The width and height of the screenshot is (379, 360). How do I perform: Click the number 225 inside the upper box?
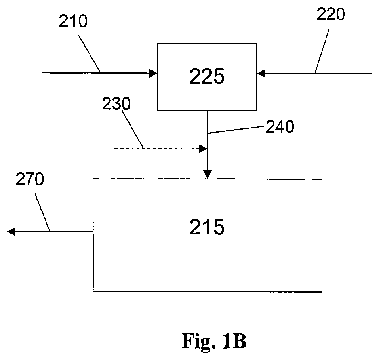click(x=207, y=76)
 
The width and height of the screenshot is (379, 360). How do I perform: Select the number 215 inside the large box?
click(x=207, y=227)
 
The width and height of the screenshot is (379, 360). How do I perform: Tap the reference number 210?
click(x=73, y=21)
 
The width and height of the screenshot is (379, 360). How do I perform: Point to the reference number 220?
click(x=330, y=14)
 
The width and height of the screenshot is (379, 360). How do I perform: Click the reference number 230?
click(x=116, y=103)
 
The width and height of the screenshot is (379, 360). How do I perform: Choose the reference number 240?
click(x=280, y=126)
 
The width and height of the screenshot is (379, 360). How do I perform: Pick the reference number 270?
click(x=30, y=179)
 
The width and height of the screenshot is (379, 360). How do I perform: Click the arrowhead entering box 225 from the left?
click(x=153, y=73)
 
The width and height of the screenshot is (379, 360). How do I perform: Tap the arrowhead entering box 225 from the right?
click(x=261, y=73)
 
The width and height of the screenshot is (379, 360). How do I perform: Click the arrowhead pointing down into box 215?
click(x=208, y=175)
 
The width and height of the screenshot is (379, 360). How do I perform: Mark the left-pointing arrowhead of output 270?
click(x=11, y=232)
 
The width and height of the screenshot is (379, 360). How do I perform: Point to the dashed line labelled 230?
click(x=156, y=149)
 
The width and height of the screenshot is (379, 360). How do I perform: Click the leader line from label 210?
click(x=89, y=54)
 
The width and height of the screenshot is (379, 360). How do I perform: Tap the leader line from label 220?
click(x=322, y=51)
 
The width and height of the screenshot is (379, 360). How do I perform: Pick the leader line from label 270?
click(x=42, y=212)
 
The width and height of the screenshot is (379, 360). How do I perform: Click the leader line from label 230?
click(x=133, y=130)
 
